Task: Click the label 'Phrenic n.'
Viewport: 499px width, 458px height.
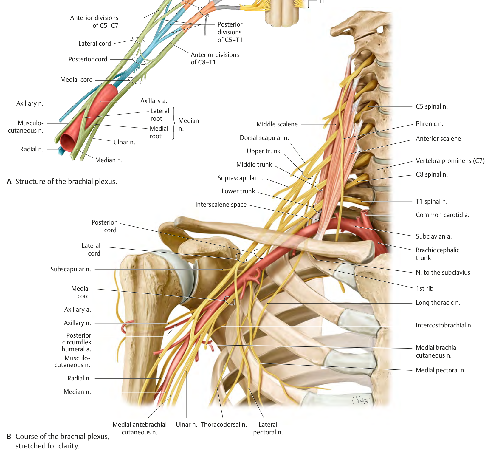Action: pos(430,124)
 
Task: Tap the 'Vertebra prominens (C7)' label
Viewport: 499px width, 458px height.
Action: pos(450,161)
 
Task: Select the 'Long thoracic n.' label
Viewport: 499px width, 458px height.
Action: pos(438,303)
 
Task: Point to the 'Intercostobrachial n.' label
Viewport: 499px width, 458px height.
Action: pos(444,325)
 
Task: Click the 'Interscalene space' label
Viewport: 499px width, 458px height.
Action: pos(221,205)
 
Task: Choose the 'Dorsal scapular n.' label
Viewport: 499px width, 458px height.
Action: pos(264,138)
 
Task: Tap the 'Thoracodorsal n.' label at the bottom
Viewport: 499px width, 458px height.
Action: pos(224,425)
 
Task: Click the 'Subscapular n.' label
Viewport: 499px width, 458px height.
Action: pos(71,269)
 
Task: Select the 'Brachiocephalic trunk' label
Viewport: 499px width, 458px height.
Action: pos(437,254)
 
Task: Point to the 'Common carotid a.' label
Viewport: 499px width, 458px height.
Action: pos(442,215)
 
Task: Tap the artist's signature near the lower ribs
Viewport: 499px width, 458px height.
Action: pos(360,400)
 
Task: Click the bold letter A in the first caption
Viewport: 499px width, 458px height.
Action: pos(9,182)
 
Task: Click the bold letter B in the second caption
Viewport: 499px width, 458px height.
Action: pos(9,437)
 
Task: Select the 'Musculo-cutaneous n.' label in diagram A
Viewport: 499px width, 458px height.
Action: pos(26,127)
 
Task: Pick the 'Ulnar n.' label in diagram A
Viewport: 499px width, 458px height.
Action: pos(124,142)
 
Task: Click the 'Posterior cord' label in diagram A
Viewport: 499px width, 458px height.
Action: pos(88,59)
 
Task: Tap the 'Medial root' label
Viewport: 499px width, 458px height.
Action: pos(159,132)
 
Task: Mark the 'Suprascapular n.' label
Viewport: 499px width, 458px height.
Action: pos(241,178)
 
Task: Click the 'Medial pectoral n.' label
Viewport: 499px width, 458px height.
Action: pos(441,370)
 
